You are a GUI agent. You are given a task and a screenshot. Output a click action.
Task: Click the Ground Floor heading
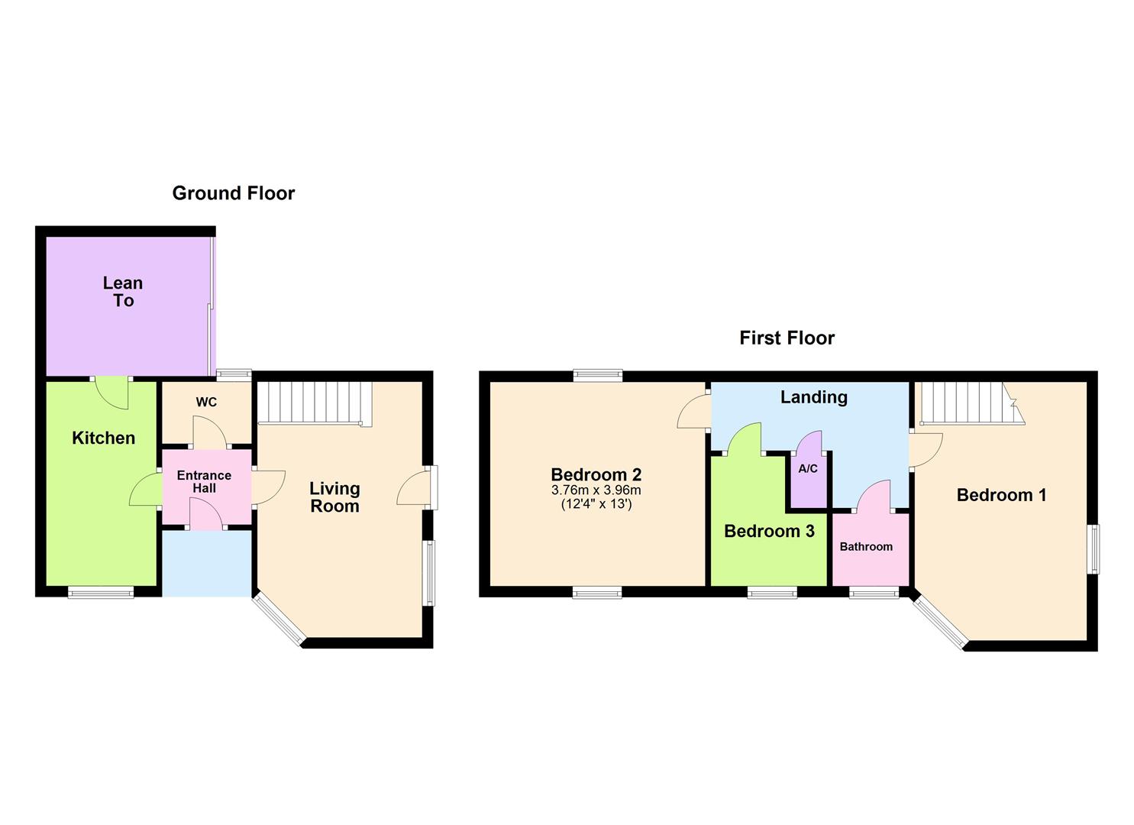233,193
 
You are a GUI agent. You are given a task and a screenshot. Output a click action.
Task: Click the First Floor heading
787,338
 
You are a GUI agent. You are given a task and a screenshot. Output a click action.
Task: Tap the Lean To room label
123,292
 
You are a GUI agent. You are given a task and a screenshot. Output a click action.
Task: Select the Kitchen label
103,438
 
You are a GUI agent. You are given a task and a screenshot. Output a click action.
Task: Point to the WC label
206,402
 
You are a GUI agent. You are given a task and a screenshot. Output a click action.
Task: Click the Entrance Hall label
204,482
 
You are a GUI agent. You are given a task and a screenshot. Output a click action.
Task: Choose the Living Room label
334,497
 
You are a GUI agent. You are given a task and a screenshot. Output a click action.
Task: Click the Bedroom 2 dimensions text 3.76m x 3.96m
596,490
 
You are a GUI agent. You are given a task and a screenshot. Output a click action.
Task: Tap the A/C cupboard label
808,469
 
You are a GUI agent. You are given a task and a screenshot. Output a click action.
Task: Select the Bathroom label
866,547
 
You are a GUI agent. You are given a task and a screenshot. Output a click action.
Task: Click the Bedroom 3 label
769,531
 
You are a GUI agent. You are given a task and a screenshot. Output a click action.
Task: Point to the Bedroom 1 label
1001,495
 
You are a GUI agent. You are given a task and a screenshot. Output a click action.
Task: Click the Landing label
813,397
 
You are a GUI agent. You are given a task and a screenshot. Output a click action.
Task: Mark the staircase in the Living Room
314,403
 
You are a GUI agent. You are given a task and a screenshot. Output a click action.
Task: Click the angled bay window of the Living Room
279,620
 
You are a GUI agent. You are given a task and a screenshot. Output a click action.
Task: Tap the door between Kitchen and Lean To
111,391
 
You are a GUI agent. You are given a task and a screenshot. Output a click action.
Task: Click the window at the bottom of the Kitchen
101,592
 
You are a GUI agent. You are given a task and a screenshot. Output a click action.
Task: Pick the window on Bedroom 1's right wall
1094,548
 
